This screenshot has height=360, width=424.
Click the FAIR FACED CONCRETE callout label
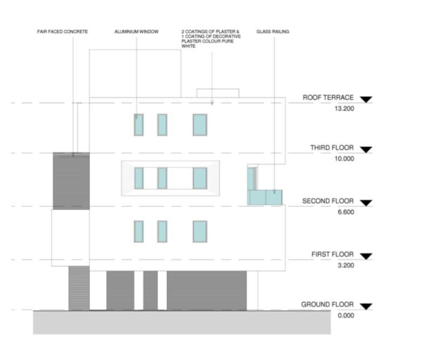[x=63, y=32]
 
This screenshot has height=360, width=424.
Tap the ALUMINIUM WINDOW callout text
[x=136, y=32]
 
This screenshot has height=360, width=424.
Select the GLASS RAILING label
[x=272, y=32]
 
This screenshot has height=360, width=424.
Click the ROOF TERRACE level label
[x=328, y=98]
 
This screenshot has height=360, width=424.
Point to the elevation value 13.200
[x=344, y=108]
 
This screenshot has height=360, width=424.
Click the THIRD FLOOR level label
[x=332, y=148]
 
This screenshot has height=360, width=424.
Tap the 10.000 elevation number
[x=344, y=158]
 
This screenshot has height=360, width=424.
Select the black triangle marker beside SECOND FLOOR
[x=366, y=203]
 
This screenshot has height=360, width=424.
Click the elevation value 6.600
[x=346, y=212]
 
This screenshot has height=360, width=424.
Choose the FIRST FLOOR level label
[x=332, y=254]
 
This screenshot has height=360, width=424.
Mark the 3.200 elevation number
[x=346, y=265]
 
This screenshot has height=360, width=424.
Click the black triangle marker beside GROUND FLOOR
[x=366, y=306]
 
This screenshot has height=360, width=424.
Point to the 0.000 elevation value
[x=346, y=315]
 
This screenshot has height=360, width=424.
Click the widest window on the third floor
[x=200, y=125]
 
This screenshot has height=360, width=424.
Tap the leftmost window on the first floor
[x=139, y=231]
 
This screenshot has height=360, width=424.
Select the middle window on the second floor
[x=162, y=178]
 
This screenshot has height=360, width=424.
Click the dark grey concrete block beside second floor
[x=71, y=181]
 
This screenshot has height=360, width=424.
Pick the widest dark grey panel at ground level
[x=207, y=290]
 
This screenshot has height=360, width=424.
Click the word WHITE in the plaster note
[x=188, y=46]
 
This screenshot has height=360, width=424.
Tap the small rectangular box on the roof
[x=218, y=93]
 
